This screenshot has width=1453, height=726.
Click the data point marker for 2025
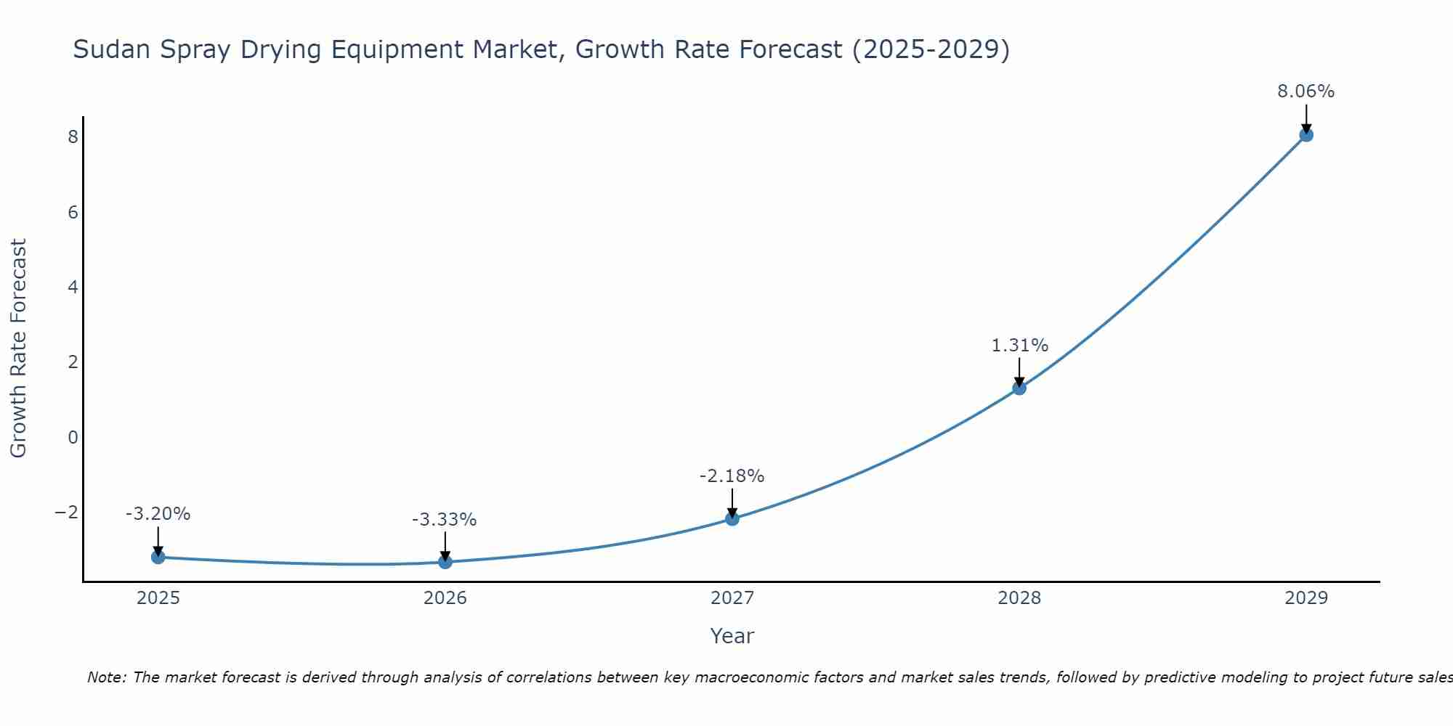coord(158,557)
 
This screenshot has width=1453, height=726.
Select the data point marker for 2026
coord(445,562)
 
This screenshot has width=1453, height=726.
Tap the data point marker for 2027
coord(732,518)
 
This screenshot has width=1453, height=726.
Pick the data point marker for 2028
coord(1019,388)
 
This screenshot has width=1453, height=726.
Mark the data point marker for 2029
coord(1306,134)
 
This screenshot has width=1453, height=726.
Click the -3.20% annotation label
coord(158,514)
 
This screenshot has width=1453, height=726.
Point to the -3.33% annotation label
coord(445,520)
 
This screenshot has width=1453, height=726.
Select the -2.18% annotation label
coord(732,476)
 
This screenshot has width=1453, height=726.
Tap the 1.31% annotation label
coord(1019,346)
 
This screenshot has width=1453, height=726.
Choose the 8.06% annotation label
coord(1306,91)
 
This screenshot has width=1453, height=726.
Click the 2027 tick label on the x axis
coord(732,598)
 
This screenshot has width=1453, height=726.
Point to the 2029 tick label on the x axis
coord(1306,598)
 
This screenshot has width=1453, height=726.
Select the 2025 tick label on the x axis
coord(158,598)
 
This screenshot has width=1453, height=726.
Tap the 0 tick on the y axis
coord(73,437)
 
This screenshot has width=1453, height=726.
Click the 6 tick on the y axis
coord(73,213)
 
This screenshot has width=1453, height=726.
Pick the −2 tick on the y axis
coord(67,513)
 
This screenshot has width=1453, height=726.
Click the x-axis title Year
coord(732,636)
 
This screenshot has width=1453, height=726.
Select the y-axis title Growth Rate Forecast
coord(18,348)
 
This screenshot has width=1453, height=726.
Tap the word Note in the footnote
coord(106,677)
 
